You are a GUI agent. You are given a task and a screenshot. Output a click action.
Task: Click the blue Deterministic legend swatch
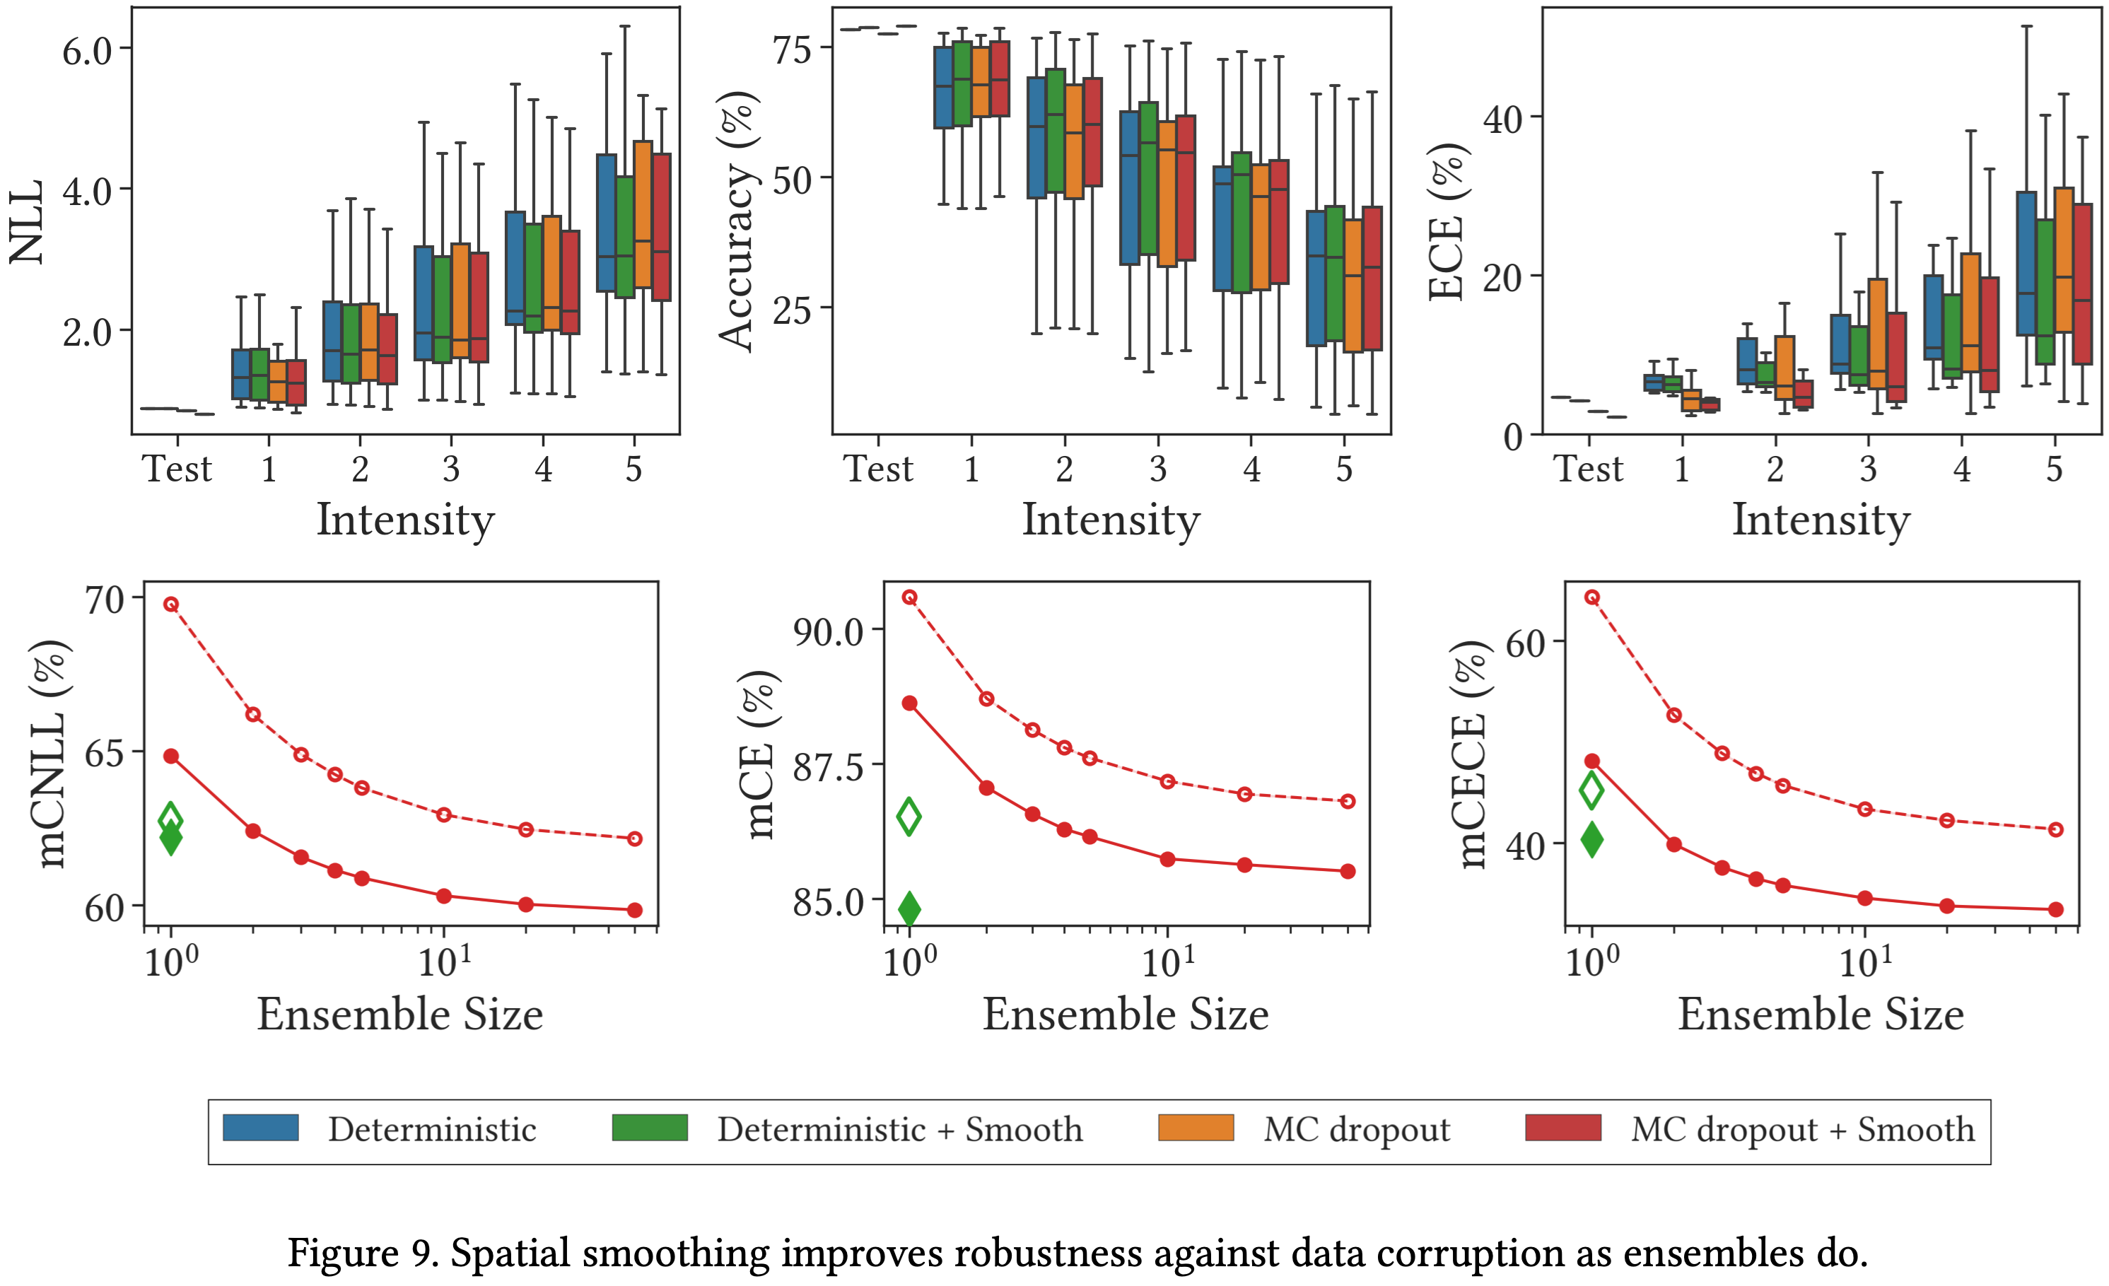260,1128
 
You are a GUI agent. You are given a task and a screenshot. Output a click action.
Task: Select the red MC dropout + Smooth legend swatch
1563,1128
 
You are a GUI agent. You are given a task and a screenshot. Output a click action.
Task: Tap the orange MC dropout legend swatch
1196,1128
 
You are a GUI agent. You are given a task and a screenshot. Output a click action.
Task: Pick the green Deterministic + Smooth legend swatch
650,1128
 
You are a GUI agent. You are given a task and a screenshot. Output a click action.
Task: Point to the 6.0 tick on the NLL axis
87,52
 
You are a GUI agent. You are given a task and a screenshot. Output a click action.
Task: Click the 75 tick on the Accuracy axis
792,49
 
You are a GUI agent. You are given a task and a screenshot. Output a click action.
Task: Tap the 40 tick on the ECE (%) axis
1503,118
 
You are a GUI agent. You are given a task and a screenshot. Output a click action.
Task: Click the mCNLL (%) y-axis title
52,753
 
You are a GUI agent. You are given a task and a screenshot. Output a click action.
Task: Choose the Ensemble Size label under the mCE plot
1125,1015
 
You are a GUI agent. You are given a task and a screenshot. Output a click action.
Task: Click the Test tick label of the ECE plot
1588,469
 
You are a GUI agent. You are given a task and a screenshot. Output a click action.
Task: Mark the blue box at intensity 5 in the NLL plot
606,223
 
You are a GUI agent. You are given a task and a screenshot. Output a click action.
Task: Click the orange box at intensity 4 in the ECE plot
1970,312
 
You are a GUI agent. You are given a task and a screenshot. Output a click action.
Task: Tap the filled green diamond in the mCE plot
909,908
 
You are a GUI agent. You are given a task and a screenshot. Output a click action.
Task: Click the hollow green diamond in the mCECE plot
1591,790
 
